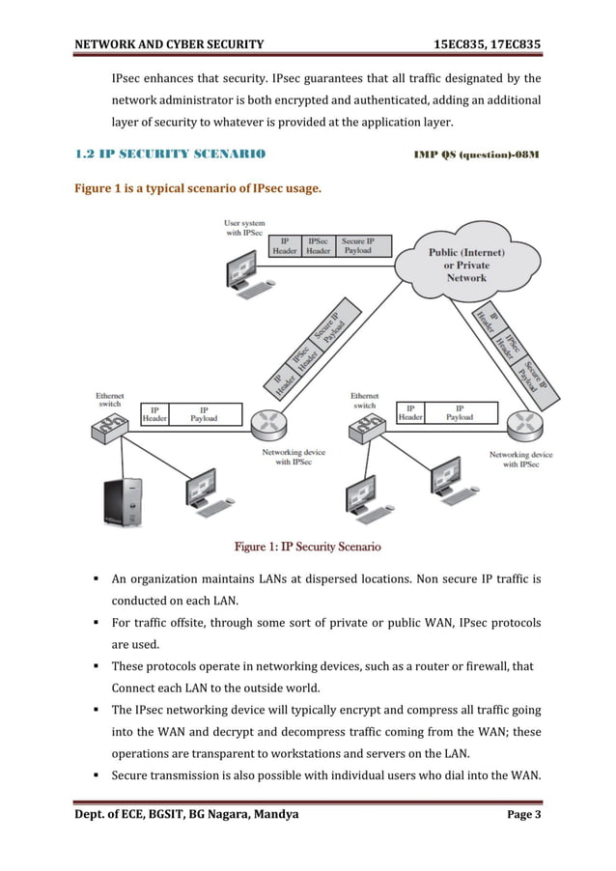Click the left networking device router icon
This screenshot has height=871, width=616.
(x=266, y=422)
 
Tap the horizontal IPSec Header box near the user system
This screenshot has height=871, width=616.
(x=318, y=245)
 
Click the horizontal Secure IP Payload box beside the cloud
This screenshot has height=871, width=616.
(x=365, y=245)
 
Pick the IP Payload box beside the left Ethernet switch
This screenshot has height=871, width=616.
(x=203, y=414)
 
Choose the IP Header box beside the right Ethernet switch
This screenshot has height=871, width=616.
(x=411, y=414)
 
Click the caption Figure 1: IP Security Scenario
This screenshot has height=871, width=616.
(x=308, y=548)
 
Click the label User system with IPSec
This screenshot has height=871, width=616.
(x=244, y=228)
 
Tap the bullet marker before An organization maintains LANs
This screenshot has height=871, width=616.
(x=98, y=580)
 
